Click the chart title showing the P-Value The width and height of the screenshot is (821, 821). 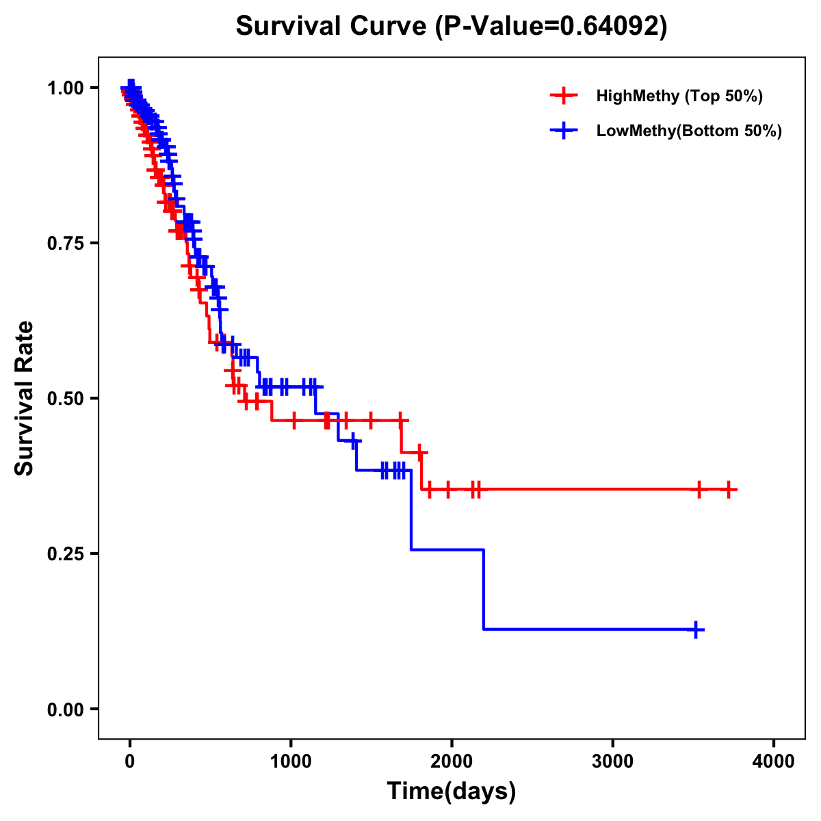451,26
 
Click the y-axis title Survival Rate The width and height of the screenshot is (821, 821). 25,398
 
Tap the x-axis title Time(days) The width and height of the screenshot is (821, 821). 451,791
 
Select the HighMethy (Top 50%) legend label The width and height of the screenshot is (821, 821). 679,96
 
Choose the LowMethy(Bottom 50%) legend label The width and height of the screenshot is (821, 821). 689,131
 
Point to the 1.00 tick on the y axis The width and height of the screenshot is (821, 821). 65,88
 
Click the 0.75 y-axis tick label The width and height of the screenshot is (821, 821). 65,243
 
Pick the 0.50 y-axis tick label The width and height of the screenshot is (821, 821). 65,398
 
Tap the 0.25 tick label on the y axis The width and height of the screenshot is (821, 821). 65,553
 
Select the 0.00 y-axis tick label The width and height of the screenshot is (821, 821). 65,709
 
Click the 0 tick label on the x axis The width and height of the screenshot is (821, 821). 130,761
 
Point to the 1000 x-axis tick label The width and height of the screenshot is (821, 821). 291,761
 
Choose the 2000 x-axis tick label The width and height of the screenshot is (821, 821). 452,761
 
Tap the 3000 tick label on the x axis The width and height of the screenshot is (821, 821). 612,761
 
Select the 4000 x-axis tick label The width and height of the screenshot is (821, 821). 773,761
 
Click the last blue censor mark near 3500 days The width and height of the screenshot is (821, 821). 695,629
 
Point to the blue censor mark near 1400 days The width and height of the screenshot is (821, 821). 353,441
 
